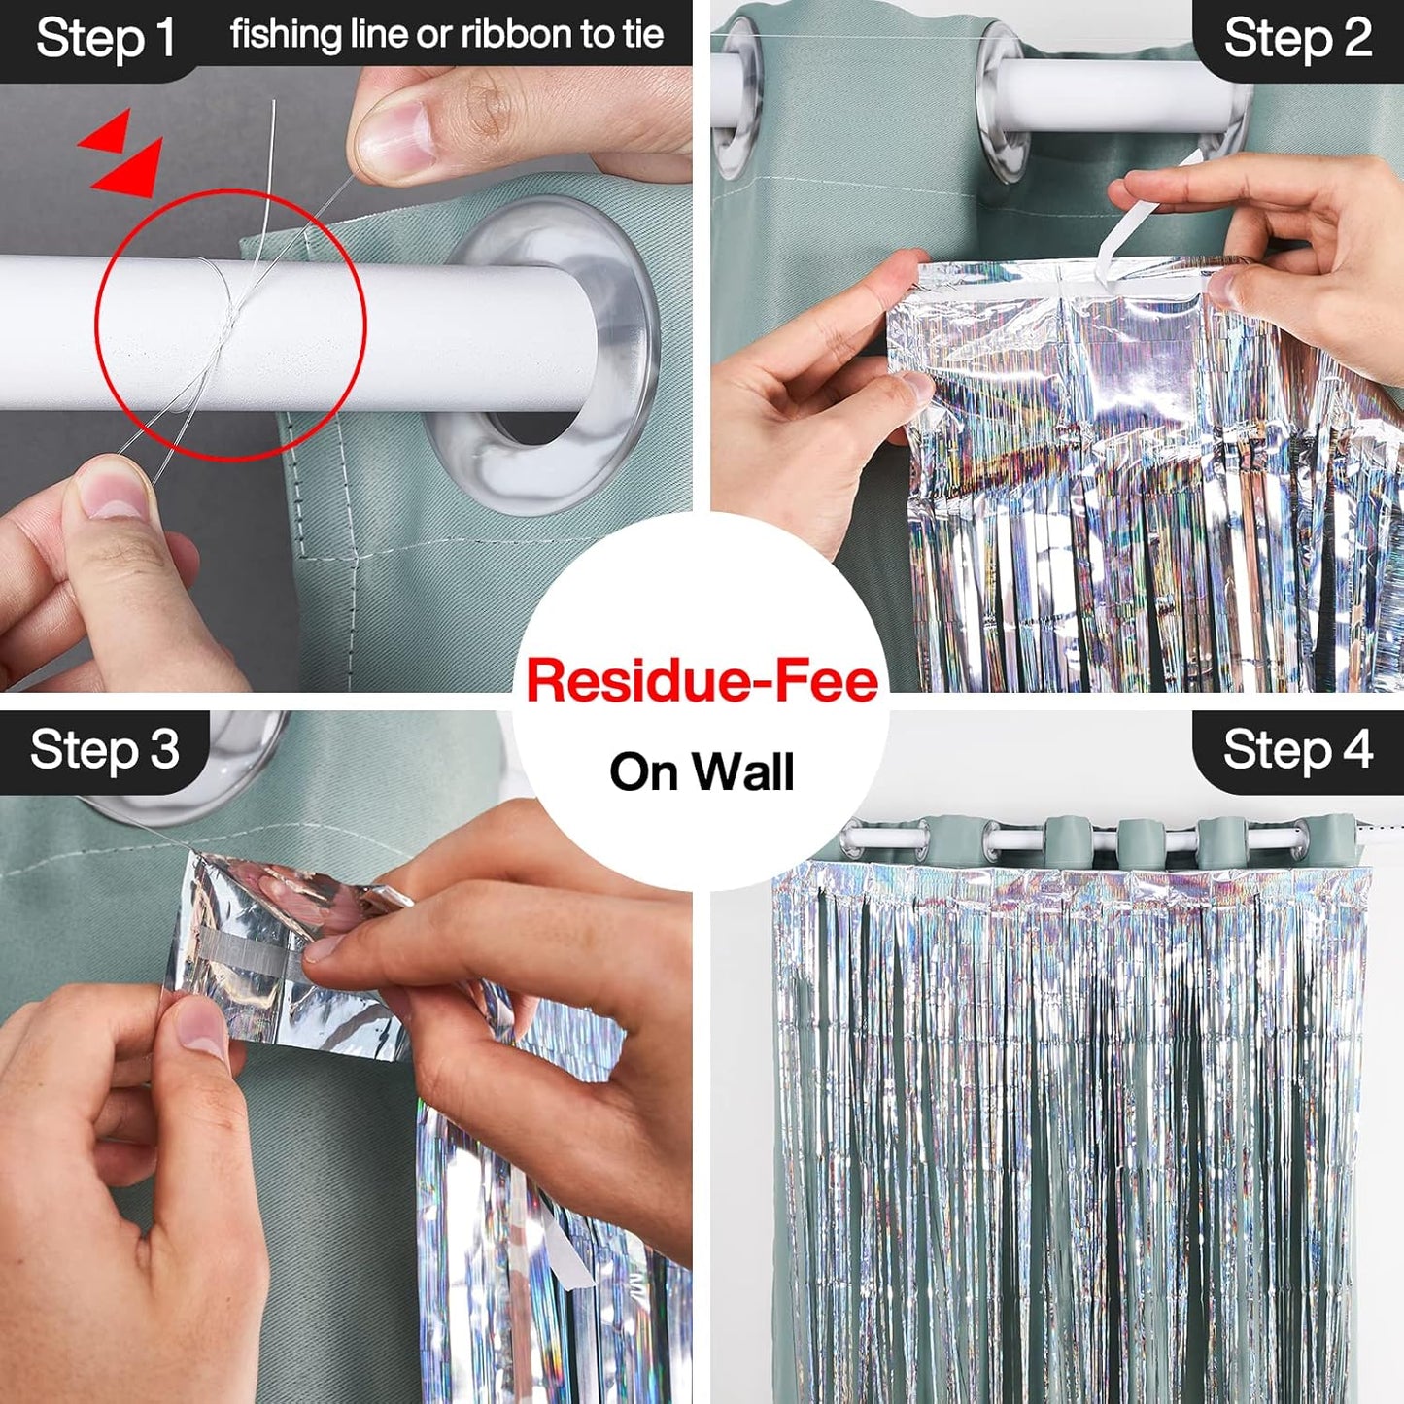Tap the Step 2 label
point(1297,39)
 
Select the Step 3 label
point(105,750)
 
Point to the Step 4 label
point(1297,750)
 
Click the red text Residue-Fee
point(702,680)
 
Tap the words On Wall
point(702,772)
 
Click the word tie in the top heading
point(642,35)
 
